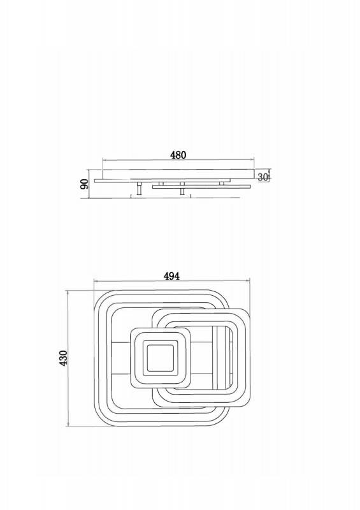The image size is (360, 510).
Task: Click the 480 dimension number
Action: [x=178, y=155]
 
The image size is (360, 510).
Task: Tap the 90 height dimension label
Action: [x=84, y=184]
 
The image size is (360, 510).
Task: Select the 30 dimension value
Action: [x=263, y=177]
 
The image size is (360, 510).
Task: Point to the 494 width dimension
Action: [x=171, y=276]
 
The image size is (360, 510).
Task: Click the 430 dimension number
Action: [x=64, y=358]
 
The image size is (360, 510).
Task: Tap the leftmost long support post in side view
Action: [x=139, y=189]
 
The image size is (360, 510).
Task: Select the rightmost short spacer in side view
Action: [x=222, y=184]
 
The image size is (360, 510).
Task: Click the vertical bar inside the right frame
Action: [x=215, y=358]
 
